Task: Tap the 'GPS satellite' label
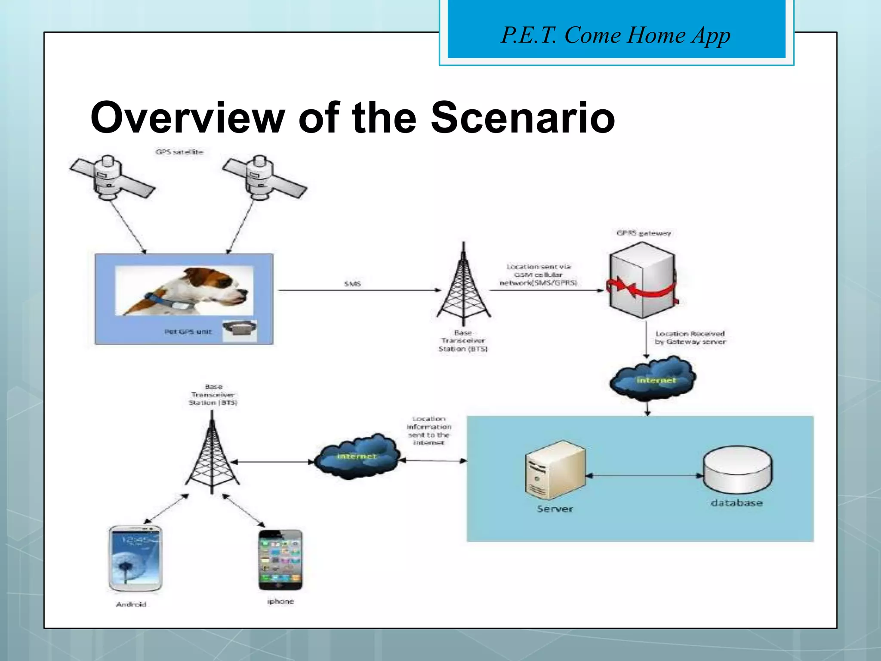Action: [x=179, y=152]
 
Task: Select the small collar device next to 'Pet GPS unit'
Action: [x=240, y=330]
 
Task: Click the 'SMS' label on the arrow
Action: [x=352, y=284]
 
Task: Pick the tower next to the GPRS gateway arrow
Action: [x=463, y=286]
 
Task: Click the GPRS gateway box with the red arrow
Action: [x=642, y=281]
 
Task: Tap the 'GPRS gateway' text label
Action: [x=644, y=233]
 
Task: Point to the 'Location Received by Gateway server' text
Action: [x=690, y=338]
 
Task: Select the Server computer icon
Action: [x=555, y=471]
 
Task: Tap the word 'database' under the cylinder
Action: [x=736, y=503]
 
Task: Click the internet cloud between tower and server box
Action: [x=357, y=455]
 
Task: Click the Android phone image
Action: [x=136, y=558]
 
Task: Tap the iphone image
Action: [x=280, y=560]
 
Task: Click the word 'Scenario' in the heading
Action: [x=522, y=117]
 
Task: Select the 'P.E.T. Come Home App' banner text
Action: [x=616, y=35]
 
